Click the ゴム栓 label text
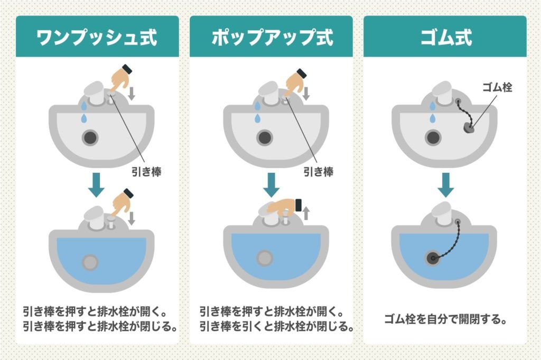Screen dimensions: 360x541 [496, 87]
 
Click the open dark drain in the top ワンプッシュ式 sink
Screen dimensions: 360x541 [90, 138]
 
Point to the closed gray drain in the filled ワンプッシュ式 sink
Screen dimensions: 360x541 [90, 262]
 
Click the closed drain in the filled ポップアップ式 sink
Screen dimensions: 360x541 [264, 259]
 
